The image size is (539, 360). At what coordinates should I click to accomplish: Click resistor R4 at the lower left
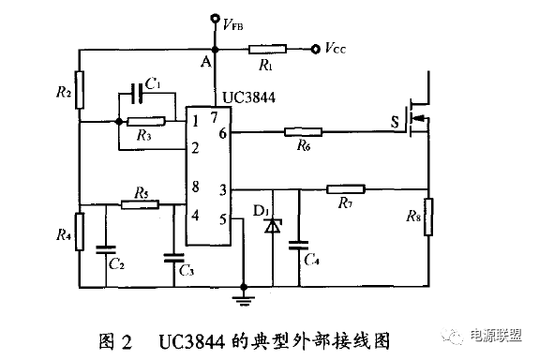[x=80, y=229]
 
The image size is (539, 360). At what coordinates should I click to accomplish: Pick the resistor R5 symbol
[x=140, y=204]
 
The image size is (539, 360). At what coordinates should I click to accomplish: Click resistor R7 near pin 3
[x=344, y=188]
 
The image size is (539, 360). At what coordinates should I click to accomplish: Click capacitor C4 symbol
[x=299, y=245]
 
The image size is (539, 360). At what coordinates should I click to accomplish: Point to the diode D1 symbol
[x=273, y=226]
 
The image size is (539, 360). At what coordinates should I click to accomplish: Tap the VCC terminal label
[x=337, y=46]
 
